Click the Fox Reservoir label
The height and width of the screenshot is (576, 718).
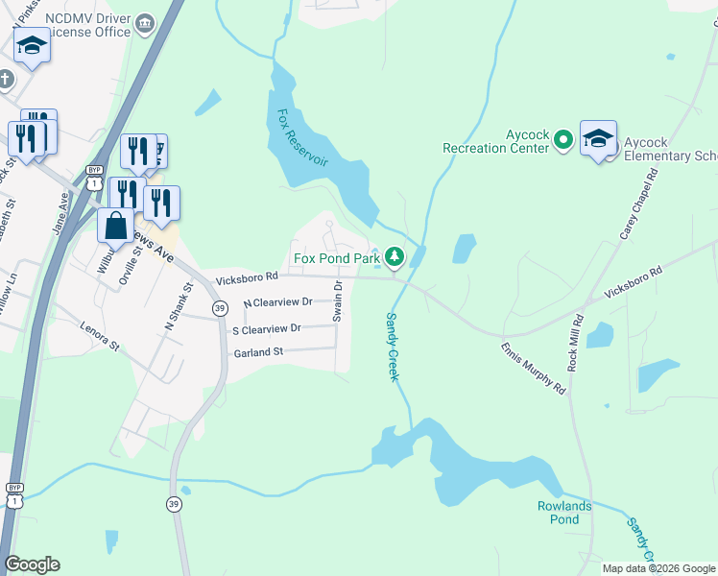[302, 137]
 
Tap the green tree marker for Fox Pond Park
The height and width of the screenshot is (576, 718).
[394, 256]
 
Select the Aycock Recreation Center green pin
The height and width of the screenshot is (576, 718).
[563, 140]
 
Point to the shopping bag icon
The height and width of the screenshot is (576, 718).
[116, 226]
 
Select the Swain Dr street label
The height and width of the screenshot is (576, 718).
[338, 301]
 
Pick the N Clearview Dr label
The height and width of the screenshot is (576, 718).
[277, 302]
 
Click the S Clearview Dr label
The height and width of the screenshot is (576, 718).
[266, 328]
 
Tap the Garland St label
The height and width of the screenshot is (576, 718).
[258, 353]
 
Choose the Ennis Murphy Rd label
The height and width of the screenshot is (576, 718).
[533, 367]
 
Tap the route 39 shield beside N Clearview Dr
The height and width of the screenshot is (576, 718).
[221, 307]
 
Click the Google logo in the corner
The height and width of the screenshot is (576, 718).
[33, 564]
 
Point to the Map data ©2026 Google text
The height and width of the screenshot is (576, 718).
[658, 568]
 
